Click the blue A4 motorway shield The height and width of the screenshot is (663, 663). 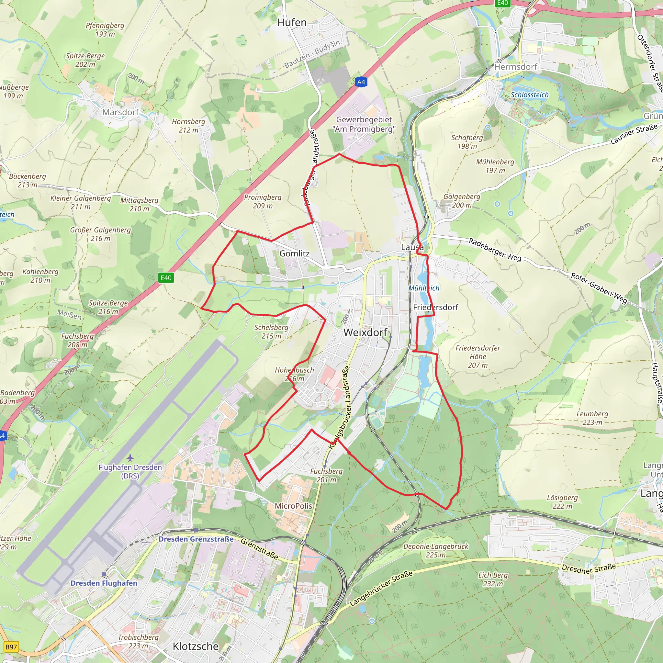[x=361, y=82]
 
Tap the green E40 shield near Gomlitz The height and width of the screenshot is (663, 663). [x=166, y=278]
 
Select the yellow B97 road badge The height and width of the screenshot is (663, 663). [x=11, y=647]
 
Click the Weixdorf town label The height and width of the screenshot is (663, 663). [x=365, y=332]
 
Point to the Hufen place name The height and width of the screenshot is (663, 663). [x=292, y=23]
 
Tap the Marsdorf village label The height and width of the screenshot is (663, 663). [x=120, y=112]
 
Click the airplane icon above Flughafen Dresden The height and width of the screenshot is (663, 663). [x=130, y=458]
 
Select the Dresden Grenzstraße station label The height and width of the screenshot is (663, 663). [x=196, y=539]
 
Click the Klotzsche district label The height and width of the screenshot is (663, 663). [x=196, y=646]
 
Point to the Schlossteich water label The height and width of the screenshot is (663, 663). [x=530, y=95]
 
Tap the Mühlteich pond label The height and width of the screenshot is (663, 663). [x=424, y=288]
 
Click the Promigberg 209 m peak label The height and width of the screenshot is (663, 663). [x=263, y=201]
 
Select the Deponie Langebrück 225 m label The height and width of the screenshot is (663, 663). [x=435, y=550]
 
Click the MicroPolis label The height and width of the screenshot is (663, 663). [x=293, y=506]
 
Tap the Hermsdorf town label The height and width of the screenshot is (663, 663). [x=516, y=67]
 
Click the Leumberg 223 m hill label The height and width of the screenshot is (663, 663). [x=592, y=418]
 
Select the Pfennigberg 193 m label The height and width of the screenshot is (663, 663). [x=105, y=29]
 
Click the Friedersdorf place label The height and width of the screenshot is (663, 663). [x=435, y=307]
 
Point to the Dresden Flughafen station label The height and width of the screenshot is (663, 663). [x=104, y=583]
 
